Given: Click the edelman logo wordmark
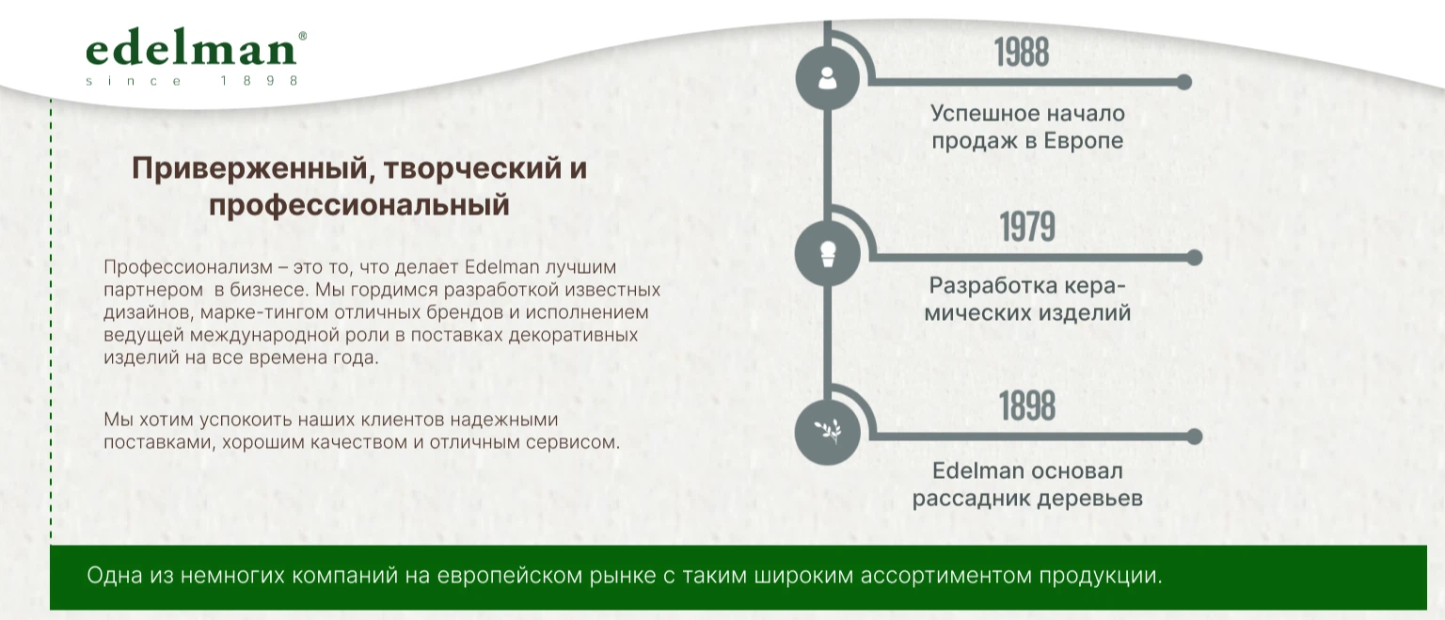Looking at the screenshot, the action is (192, 49).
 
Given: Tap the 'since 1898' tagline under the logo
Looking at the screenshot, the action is (192, 81).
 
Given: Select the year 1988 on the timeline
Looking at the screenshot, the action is (1021, 53).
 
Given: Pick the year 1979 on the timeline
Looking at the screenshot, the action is (1027, 227).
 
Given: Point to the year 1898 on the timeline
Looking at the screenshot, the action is (1027, 405).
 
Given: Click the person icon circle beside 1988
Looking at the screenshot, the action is (827, 78).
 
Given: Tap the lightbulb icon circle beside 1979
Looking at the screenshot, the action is (827, 253).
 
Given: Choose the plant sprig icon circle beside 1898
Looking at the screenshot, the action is (827, 432).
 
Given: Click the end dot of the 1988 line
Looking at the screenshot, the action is (1183, 82).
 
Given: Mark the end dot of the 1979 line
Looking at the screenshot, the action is (1195, 258).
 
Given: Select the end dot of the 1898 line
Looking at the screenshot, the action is (1195, 437).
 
